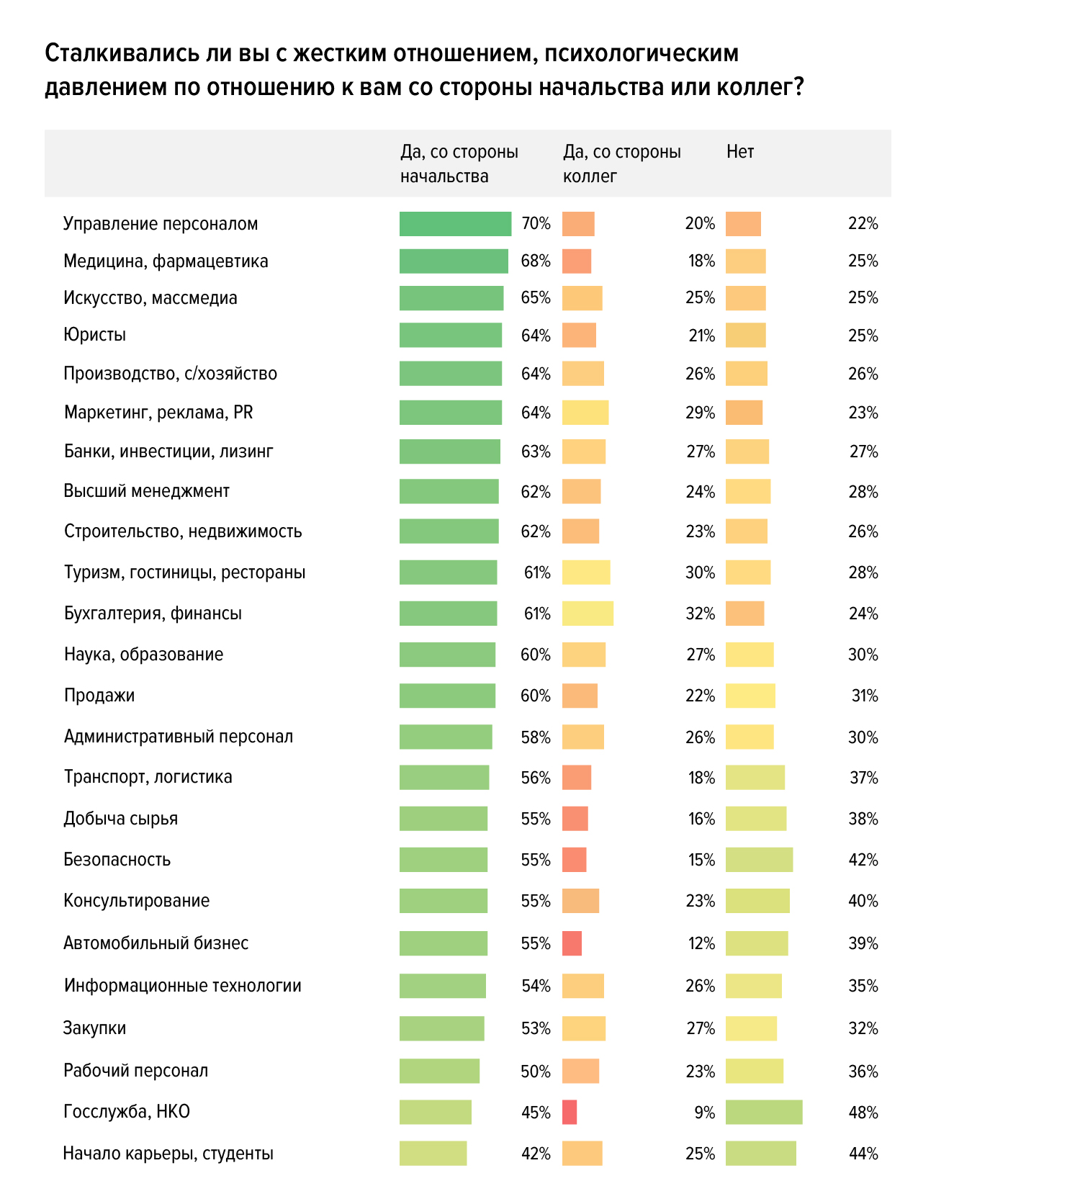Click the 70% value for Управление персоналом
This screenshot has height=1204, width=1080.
click(536, 224)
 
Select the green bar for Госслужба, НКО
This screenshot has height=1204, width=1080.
click(435, 1112)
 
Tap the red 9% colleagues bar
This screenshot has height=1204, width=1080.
click(570, 1112)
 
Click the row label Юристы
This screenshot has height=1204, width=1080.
click(94, 335)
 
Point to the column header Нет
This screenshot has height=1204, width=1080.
click(740, 152)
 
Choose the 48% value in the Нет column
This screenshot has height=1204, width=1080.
click(863, 1113)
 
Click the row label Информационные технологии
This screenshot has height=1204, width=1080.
click(182, 986)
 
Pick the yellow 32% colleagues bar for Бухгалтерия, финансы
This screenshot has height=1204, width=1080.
click(588, 614)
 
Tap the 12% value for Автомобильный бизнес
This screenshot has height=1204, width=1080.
click(701, 943)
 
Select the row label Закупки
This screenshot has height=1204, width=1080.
click(94, 1028)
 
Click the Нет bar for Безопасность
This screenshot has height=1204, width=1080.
click(759, 860)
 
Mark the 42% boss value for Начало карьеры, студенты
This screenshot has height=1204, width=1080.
click(536, 1154)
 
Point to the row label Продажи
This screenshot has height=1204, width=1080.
click(99, 696)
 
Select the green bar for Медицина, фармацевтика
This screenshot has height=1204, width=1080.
click(454, 261)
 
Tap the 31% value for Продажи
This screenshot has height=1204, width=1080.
click(864, 696)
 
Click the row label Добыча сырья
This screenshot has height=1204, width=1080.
click(120, 819)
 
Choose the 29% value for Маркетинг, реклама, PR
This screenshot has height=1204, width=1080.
click(700, 413)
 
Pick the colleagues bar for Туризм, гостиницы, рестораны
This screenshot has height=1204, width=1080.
click(586, 572)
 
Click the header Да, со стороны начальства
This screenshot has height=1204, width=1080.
click(459, 164)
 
